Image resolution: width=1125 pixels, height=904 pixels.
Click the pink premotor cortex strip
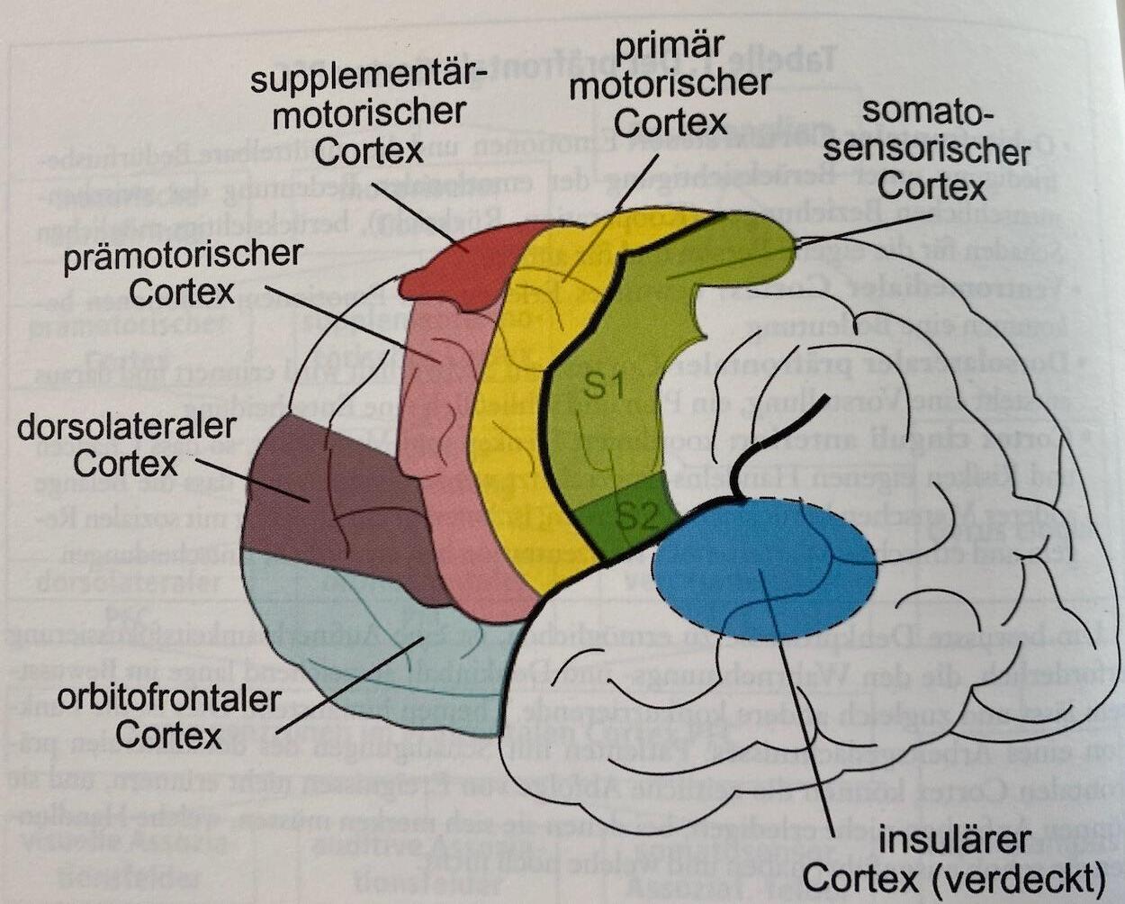pos(441,450)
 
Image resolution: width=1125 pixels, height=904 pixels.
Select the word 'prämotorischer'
pos(182,255)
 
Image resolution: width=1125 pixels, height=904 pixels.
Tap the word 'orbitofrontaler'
pos(167,697)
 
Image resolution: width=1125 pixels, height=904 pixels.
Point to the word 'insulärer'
pos(954,839)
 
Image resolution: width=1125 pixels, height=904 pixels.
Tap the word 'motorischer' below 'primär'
pos(670,83)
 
